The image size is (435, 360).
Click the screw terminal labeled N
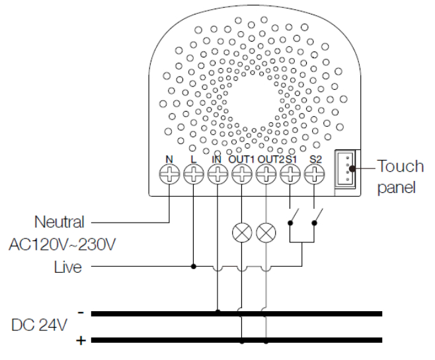[170, 174]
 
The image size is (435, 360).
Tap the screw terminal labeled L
[194, 174]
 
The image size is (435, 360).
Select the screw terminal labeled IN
[217, 174]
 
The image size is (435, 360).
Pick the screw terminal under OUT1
[242, 174]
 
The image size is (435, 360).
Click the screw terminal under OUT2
[266, 174]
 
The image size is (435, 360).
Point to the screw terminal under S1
[290, 174]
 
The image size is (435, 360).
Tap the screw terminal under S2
[315, 174]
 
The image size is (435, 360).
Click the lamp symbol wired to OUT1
[242, 232]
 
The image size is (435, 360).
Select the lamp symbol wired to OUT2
[266, 232]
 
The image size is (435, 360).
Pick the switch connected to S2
[317, 216]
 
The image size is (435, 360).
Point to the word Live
[69, 267]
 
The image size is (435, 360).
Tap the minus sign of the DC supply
[79, 311]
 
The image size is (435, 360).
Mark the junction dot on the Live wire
[194, 267]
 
